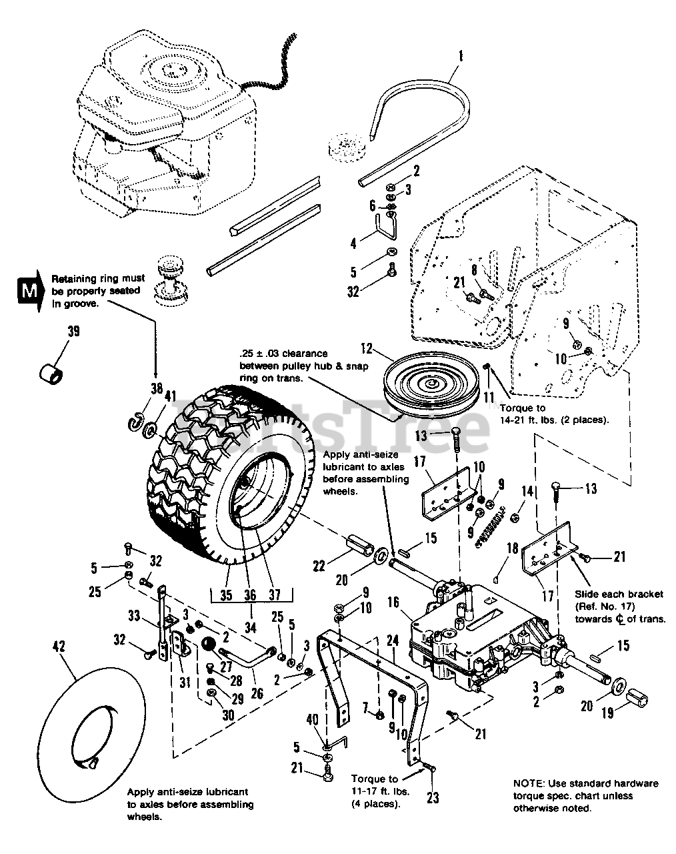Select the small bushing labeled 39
coord(52,371)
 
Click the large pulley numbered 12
coord(423,388)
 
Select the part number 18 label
coord(513,548)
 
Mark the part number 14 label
coord(529,490)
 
